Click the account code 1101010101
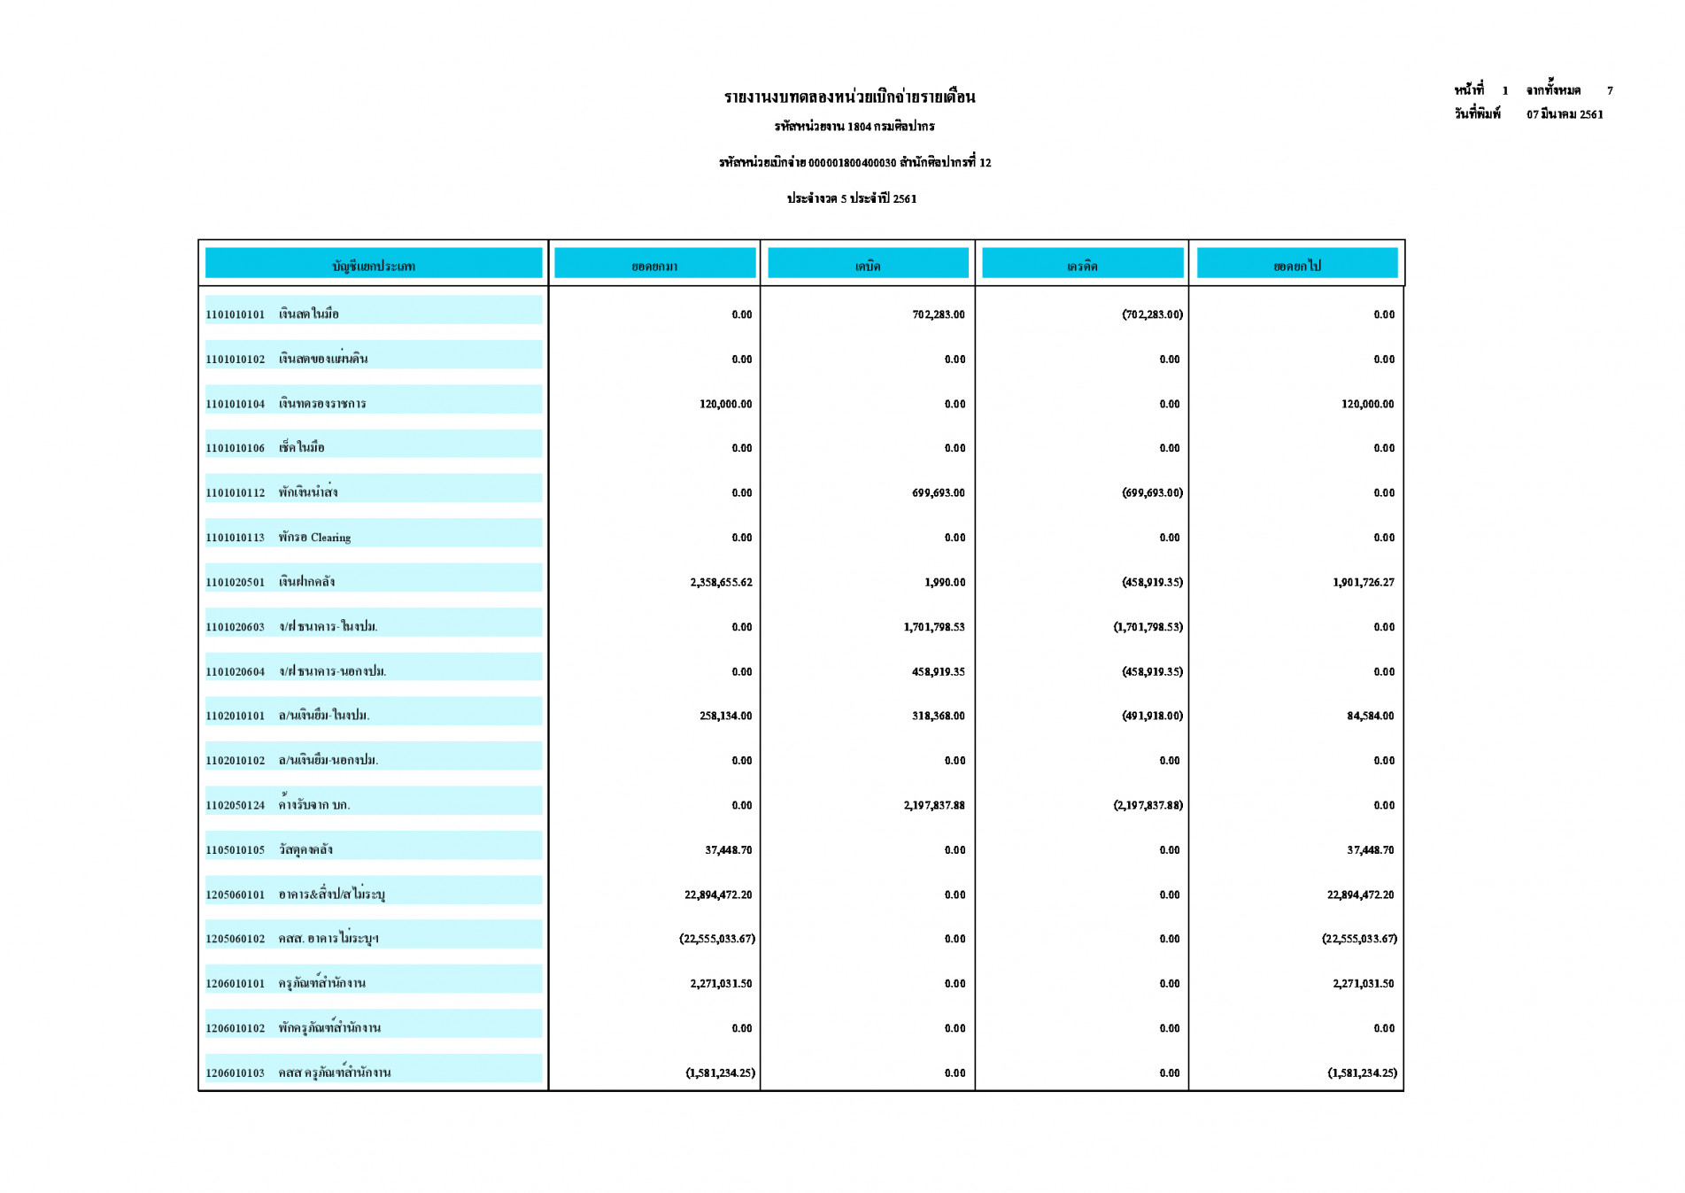tap(235, 314)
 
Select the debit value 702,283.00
tap(938, 314)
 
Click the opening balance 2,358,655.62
tap(721, 582)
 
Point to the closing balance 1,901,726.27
tap(1363, 582)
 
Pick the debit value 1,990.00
tap(945, 582)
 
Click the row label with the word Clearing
tap(314, 538)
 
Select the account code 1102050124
tap(235, 805)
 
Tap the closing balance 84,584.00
tap(1370, 716)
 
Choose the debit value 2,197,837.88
tap(934, 805)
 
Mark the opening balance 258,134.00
tap(725, 716)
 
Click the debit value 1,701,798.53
tap(934, 627)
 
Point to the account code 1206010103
tap(235, 1073)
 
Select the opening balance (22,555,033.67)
tap(717, 939)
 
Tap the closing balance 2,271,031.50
tap(1363, 983)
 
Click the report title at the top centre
tap(849, 97)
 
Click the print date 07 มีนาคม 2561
tap(1565, 114)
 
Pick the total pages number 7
tap(1610, 90)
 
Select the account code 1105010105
tap(235, 850)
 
